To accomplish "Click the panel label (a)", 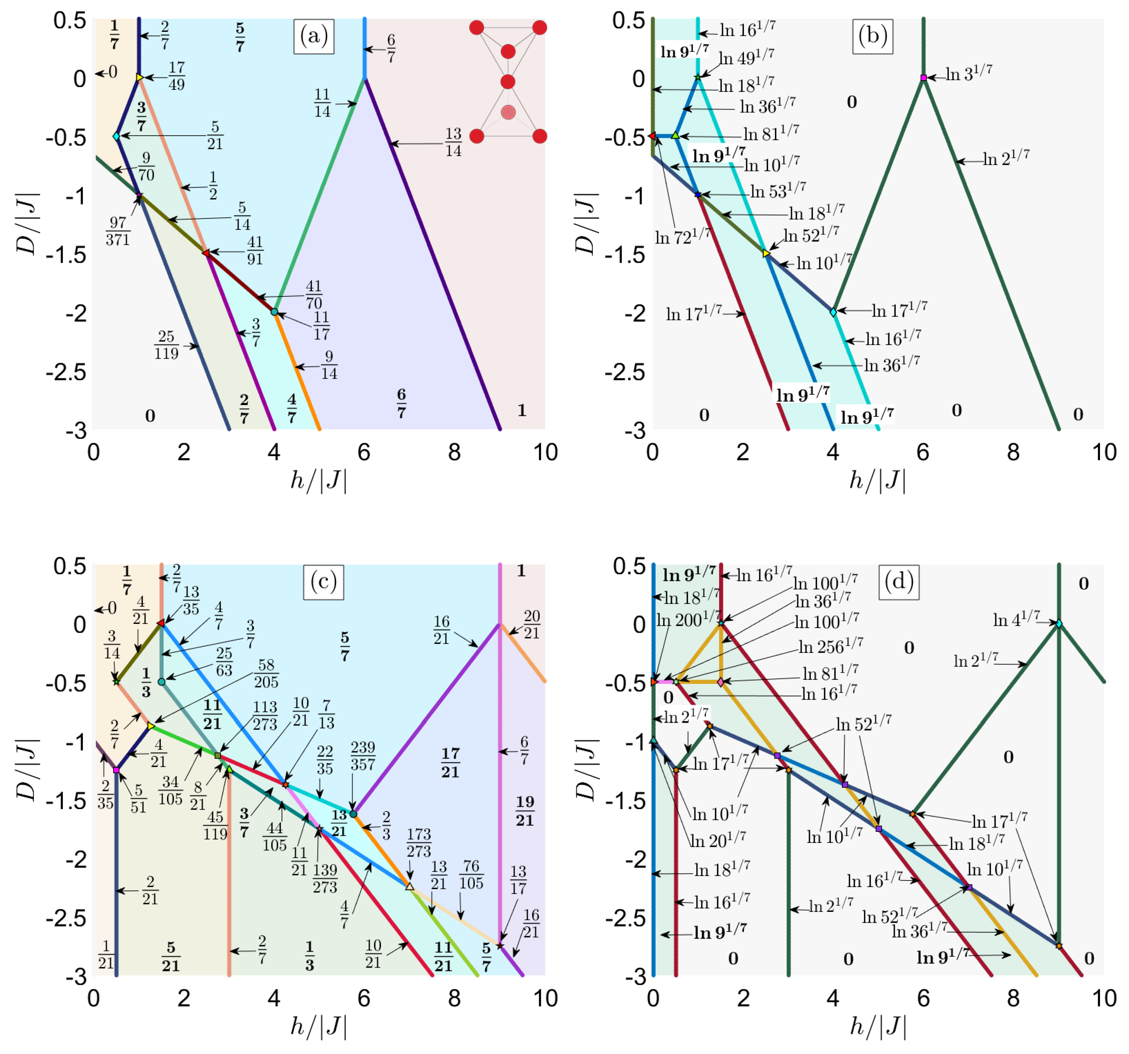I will click(x=313, y=36).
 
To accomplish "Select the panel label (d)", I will click(x=899, y=582).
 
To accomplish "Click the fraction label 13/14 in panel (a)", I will click(x=453, y=142).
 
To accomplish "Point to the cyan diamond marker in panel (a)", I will click(x=116, y=136).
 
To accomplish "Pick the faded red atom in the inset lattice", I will click(x=508, y=113).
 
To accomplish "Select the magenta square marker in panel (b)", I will click(x=924, y=78).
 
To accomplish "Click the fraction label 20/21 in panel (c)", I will click(x=532, y=624).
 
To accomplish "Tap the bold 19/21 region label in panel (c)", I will click(x=525, y=811).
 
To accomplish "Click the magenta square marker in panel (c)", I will click(x=116, y=770).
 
